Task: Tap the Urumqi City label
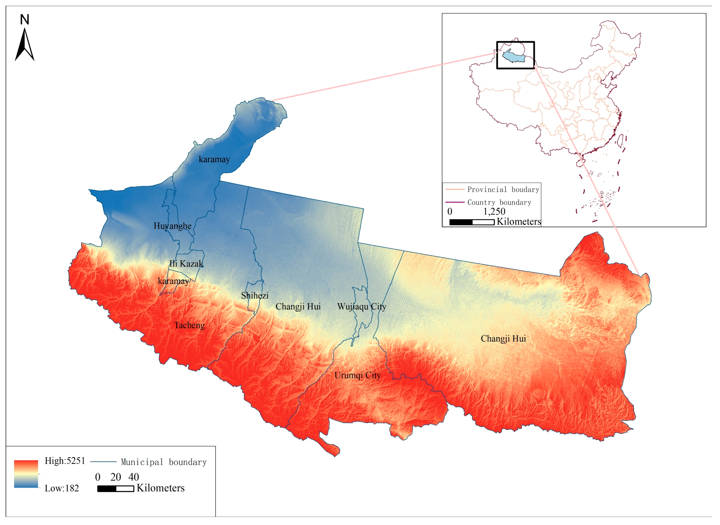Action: point(357,375)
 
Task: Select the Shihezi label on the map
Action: point(255,296)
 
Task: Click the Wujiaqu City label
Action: point(362,307)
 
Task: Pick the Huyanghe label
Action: point(173,226)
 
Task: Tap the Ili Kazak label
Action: point(186,263)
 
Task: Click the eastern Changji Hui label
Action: point(503,339)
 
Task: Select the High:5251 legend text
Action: point(65,461)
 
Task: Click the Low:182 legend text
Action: point(62,488)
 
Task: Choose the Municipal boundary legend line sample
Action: point(103,462)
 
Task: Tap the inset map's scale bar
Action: point(472,222)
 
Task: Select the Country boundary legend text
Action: point(499,202)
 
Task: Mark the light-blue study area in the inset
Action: point(513,56)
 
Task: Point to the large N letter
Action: point(24,20)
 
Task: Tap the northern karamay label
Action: point(214,159)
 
